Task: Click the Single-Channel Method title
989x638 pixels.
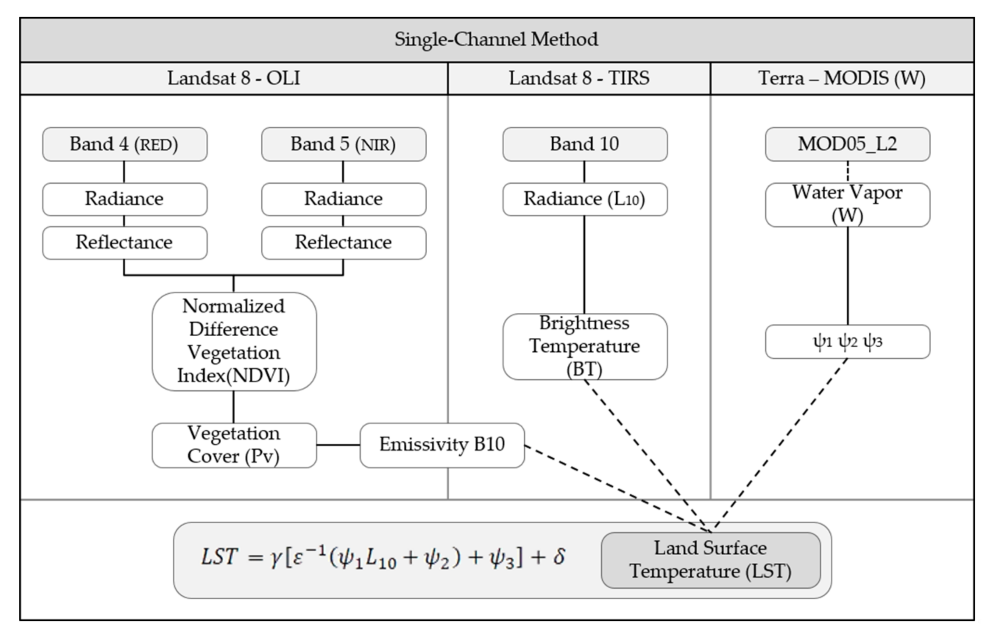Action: click(x=496, y=39)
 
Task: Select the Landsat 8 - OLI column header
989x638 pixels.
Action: click(x=234, y=78)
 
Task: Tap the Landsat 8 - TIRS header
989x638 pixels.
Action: click(x=579, y=78)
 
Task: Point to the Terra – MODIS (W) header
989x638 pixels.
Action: click(x=842, y=78)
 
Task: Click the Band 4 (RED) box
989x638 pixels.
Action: click(x=124, y=144)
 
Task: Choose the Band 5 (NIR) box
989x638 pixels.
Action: click(x=343, y=144)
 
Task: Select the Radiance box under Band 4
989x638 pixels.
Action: click(x=124, y=199)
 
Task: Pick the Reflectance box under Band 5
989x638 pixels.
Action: click(x=343, y=242)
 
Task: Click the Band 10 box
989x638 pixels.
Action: click(x=585, y=144)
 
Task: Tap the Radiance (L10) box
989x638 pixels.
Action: click(x=585, y=199)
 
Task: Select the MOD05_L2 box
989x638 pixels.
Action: click(x=847, y=144)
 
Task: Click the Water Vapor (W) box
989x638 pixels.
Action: click(x=847, y=204)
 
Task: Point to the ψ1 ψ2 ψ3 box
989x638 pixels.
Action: click(x=847, y=342)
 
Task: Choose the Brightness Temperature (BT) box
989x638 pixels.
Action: click(x=585, y=346)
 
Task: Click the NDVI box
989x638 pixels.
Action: click(x=234, y=341)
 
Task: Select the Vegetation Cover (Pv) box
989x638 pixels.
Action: click(x=234, y=445)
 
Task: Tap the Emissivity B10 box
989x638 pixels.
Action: click(x=442, y=445)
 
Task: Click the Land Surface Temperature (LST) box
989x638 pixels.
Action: click(x=710, y=560)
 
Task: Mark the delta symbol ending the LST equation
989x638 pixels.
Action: click(x=559, y=556)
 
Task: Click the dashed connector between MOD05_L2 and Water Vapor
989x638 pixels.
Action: click(x=847, y=172)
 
